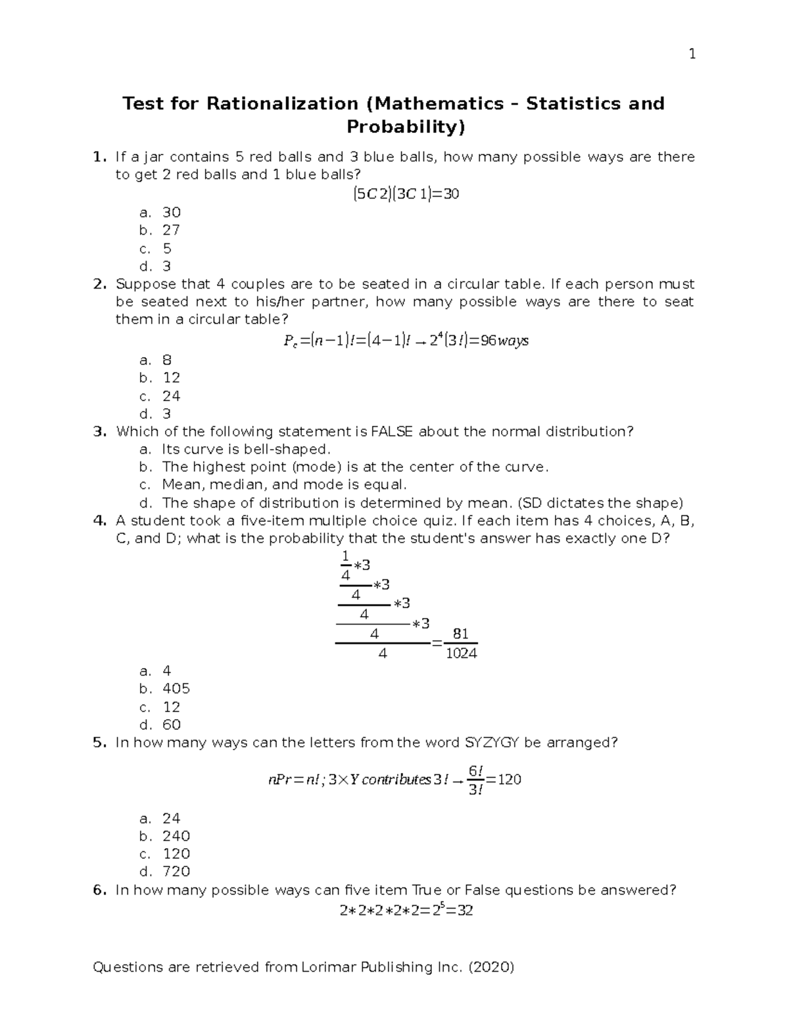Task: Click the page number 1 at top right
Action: (x=692, y=55)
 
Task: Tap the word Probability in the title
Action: (x=402, y=127)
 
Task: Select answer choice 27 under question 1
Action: (x=171, y=230)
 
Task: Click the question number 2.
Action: (x=99, y=285)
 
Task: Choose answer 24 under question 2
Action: (x=171, y=396)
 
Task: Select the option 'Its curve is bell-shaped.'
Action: (x=246, y=450)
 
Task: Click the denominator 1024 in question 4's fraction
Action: (x=461, y=653)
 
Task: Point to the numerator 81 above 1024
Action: (x=461, y=634)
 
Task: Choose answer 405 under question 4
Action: (x=176, y=689)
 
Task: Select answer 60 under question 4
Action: (x=171, y=725)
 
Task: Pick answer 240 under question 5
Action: (x=176, y=836)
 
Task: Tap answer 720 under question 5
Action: (x=176, y=872)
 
